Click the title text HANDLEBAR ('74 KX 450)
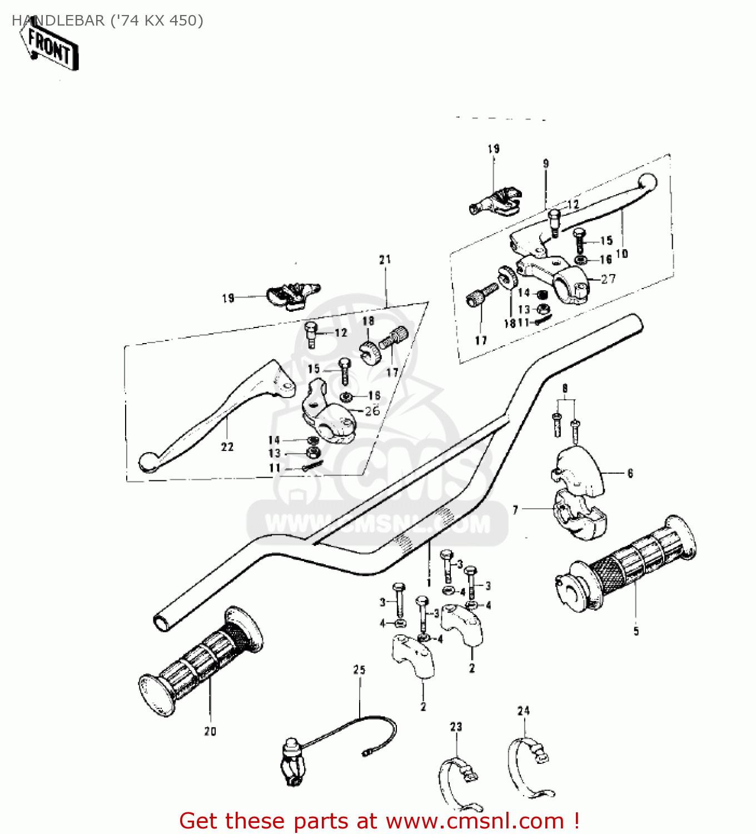pyautogui.click(x=107, y=21)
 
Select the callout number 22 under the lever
pyautogui.click(x=227, y=446)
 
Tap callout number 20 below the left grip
pyautogui.click(x=210, y=731)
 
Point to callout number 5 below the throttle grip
pyautogui.click(x=636, y=631)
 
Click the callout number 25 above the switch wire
pyautogui.click(x=359, y=669)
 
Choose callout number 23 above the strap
pyautogui.click(x=456, y=726)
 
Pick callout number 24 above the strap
pyautogui.click(x=524, y=711)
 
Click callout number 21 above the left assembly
pyautogui.click(x=385, y=259)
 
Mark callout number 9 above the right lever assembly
pyautogui.click(x=546, y=163)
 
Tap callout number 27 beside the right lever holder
pyautogui.click(x=608, y=279)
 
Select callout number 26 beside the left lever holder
pyautogui.click(x=372, y=410)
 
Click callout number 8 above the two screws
pyautogui.click(x=565, y=388)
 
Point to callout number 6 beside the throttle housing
pyautogui.click(x=630, y=473)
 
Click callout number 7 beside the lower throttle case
pyautogui.click(x=515, y=509)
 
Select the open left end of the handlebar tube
pyautogui.click(x=162, y=622)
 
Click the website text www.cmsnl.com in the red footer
pyautogui.click(x=475, y=821)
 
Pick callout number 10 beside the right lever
pyautogui.click(x=621, y=254)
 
